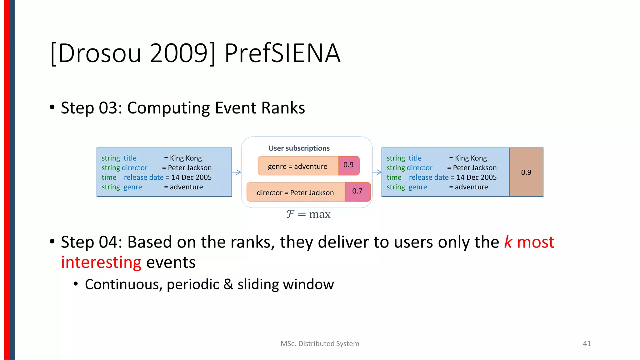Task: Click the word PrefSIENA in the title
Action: (x=282, y=53)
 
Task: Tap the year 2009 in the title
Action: (x=179, y=53)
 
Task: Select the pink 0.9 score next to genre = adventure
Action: (x=348, y=165)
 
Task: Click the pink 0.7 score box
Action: (x=357, y=191)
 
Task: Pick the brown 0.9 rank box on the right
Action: (x=526, y=172)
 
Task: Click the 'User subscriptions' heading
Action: (x=299, y=148)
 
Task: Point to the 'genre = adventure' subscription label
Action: (x=297, y=167)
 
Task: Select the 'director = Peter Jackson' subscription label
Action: (x=295, y=192)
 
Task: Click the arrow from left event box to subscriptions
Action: (x=237, y=172)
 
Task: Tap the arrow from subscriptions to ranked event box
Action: (x=377, y=172)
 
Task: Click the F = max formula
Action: (x=308, y=214)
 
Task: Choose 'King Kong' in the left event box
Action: (x=186, y=158)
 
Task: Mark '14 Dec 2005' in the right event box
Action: (x=476, y=177)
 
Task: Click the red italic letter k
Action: (x=508, y=242)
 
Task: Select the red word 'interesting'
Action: (x=101, y=262)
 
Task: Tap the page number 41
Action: (x=587, y=343)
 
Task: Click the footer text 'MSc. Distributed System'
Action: (x=320, y=343)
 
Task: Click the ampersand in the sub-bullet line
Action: (x=228, y=284)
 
